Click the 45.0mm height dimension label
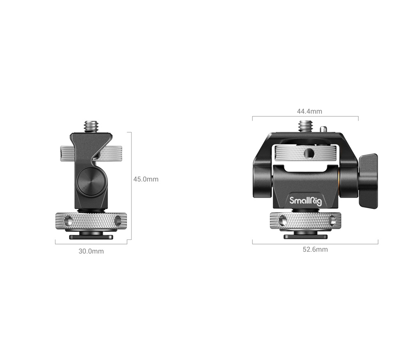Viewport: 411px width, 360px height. [145, 179]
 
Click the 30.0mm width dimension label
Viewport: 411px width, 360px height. [91, 251]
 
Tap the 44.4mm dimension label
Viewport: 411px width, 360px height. [309, 111]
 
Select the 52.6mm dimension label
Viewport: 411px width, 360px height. [315, 249]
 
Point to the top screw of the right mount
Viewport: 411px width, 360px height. [305, 125]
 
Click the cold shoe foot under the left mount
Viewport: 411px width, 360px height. [91, 237]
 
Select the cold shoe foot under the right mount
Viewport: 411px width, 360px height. [306, 236]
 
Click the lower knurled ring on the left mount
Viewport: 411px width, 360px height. [91, 222]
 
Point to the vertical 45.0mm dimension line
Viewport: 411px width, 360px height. [131, 185]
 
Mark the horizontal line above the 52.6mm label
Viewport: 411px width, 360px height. [315, 244]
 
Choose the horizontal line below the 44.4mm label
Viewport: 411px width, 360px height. [305, 117]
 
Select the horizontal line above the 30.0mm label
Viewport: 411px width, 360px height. [91, 244]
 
